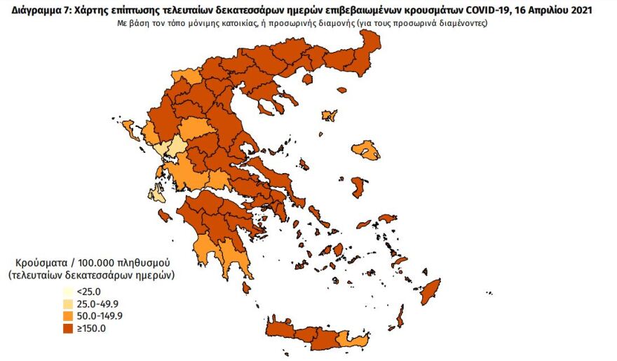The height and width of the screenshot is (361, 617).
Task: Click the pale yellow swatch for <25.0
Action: (67, 292)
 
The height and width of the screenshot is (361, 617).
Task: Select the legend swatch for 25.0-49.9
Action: (67, 304)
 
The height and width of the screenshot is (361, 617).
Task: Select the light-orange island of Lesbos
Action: (365, 149)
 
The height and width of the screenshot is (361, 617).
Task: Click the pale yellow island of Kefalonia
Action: (160, 193)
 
